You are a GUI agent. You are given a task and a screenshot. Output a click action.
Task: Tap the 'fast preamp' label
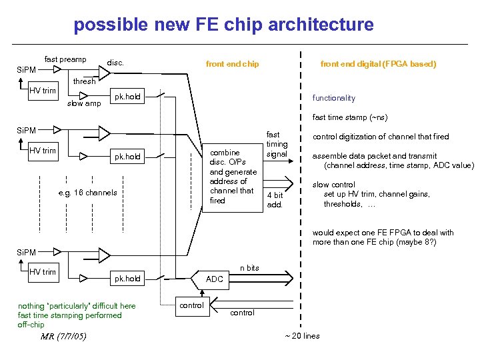point(65,59)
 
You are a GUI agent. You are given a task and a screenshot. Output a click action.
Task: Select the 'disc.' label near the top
point(116,64)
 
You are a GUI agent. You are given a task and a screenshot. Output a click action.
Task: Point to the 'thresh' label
point(84,81)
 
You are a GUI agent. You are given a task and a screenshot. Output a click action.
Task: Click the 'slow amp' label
point(84,103)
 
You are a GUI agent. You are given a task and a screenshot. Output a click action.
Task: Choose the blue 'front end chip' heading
point(232,64)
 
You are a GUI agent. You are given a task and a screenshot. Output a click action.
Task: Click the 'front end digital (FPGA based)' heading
point(378,64)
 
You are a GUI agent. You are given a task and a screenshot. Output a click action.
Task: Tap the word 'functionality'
point(333,98)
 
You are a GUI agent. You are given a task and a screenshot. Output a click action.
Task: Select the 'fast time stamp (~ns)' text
point(349,118)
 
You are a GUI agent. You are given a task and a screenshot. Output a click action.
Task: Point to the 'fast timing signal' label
point(277,144)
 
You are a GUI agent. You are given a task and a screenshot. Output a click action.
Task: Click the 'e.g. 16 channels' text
point(87,193)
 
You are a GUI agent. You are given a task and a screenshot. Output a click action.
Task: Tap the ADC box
point(215,279)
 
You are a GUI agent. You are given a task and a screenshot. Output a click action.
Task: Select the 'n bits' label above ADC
point(249,268)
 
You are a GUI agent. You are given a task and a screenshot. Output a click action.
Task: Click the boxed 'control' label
point(192,305)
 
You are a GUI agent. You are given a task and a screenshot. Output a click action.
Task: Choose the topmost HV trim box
point(43,91)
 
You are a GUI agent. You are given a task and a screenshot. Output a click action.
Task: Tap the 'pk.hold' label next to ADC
point(127,279)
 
